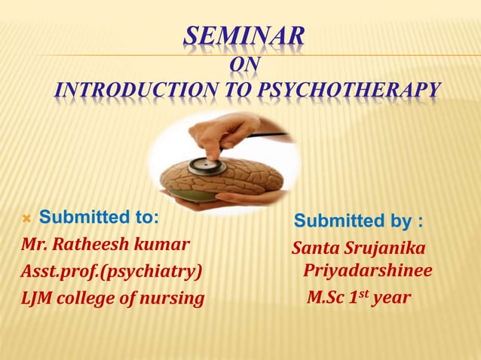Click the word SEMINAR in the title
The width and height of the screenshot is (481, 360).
(x=244, y=36)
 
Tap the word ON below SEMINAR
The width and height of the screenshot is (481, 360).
(x=244, y=65)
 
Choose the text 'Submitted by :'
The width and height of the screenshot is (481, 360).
(x=358, y=221)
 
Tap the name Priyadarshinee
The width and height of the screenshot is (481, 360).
(x=367, y=271)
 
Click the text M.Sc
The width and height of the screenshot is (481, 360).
(x=326, y=298)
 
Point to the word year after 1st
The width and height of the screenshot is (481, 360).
(x=392, y=299)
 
